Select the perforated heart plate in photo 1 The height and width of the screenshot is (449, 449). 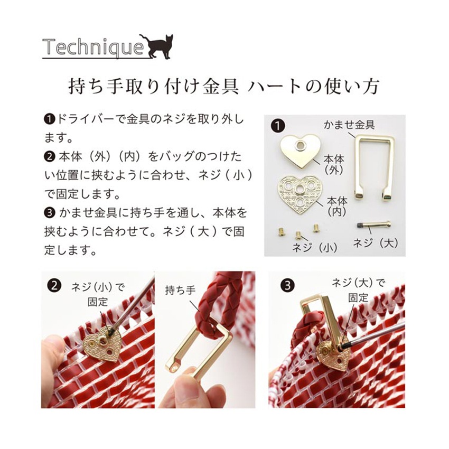300,193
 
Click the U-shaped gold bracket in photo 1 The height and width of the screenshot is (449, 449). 373,165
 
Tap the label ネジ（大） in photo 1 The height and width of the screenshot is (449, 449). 376,243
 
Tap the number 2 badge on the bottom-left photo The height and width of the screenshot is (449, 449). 53,285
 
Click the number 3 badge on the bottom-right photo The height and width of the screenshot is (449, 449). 287,285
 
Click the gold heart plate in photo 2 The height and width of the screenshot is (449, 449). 104,345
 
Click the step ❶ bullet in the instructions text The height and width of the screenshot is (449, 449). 49,120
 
